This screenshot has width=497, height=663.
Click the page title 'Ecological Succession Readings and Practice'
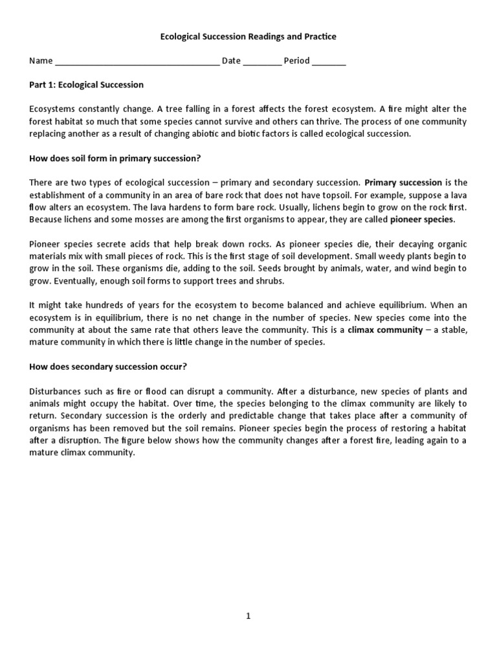click(x=248, y=37)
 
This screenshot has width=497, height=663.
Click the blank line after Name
click(x=137, y=62)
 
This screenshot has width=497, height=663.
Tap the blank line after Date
click(x=263, y=62)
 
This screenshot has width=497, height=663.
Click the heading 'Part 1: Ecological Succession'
click(x=87, y=85)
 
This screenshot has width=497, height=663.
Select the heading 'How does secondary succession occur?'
click(x=108, y=366)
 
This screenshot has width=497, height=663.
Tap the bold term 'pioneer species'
click(x=422, y=219)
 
